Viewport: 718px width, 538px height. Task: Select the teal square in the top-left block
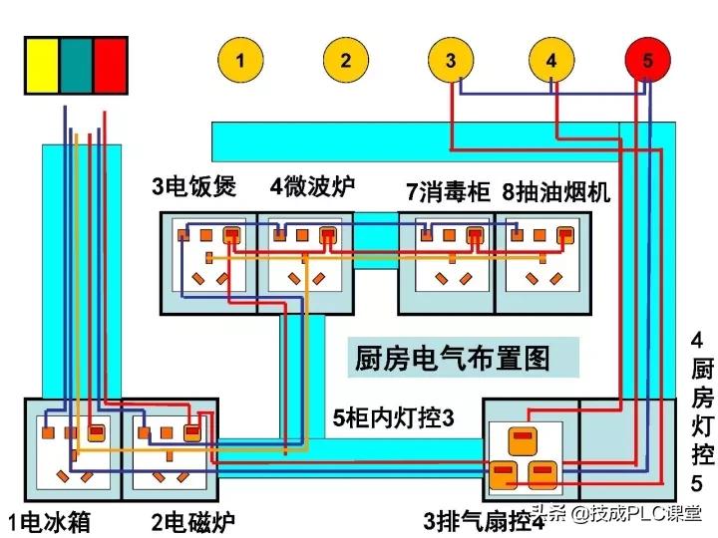[77, 66]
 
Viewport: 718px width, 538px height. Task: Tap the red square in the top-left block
[110, 66]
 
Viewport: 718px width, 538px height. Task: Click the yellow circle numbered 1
[239, 60]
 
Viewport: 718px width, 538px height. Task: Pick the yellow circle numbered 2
[345, 60]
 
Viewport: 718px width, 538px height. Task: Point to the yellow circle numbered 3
[451, 60]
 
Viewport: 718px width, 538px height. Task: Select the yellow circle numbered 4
[551, 60]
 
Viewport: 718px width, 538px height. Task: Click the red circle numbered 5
[647, 60]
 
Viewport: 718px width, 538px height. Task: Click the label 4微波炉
[312, 186]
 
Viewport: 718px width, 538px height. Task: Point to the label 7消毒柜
[448, 190]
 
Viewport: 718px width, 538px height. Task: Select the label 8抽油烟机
[556, 190]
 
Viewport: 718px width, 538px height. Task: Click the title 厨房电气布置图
[452, 358]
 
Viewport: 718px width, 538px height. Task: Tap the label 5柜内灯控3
[393, 418]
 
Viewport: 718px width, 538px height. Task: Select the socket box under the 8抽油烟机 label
[542, 262]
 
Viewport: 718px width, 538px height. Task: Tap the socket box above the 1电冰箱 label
[71, 448]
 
